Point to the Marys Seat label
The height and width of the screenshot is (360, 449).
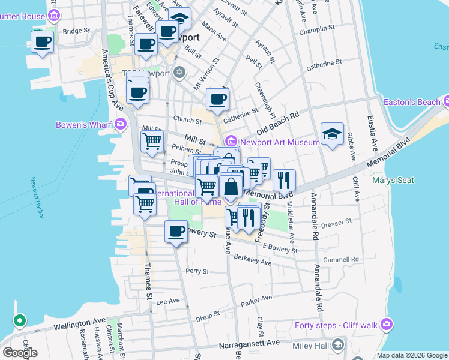(391, 179)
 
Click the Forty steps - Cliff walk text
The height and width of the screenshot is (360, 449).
(336, 325)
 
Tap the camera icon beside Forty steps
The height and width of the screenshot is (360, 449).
(386, 325)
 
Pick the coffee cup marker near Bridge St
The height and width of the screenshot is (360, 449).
(42, 42)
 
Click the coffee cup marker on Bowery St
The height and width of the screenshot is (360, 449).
(176, 232)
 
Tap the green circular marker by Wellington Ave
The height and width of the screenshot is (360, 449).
(19, 321)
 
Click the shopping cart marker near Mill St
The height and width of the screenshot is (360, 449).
(152, 142)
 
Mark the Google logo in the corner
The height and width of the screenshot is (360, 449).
(20, 353)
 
